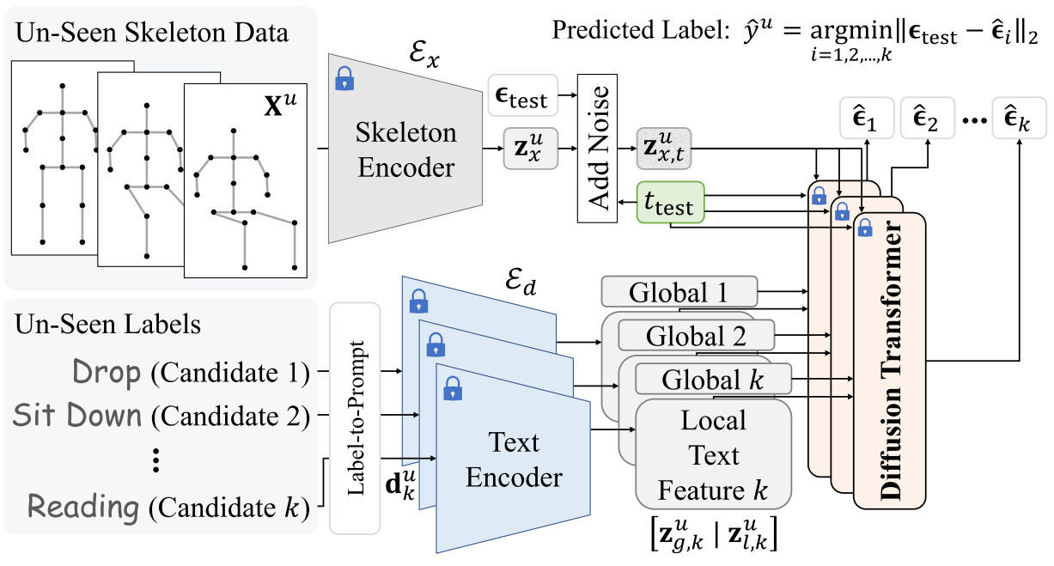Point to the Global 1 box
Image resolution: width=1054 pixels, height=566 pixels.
click(679, 292)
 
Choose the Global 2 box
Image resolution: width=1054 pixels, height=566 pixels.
click(696, 334)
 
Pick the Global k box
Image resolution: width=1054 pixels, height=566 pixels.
click(712, 377)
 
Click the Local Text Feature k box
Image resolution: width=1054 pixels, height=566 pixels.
click(713, 455)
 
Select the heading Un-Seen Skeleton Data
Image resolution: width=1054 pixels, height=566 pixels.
click(151, 34)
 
